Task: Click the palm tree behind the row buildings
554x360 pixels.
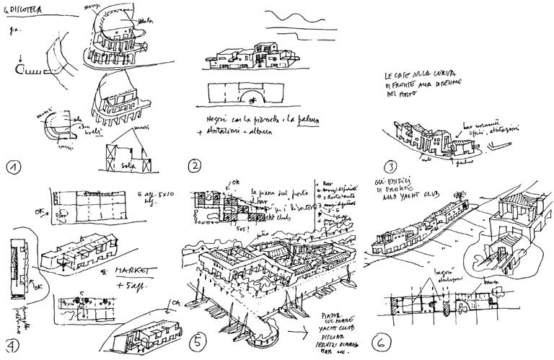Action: (458, 193)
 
